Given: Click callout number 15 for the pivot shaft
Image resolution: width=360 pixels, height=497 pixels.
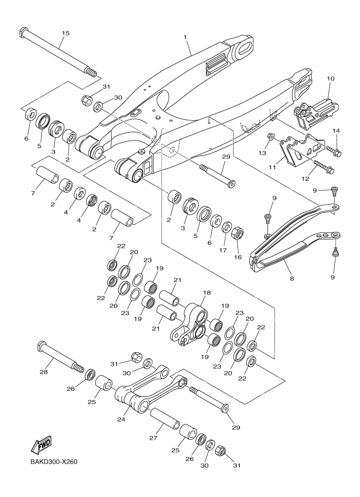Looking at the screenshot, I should (x=65, y=33).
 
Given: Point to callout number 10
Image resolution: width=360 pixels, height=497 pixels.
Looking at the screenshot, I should (x=330, y=79).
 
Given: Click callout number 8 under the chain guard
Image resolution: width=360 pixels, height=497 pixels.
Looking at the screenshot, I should (x=292, y=278).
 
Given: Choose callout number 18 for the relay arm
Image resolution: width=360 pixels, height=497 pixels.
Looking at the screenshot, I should (x=206, y=292).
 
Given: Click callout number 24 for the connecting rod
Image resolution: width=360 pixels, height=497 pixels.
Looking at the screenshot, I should (x=121, y=420).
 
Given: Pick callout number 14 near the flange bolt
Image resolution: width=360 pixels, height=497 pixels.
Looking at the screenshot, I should (x=336, y=131).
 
